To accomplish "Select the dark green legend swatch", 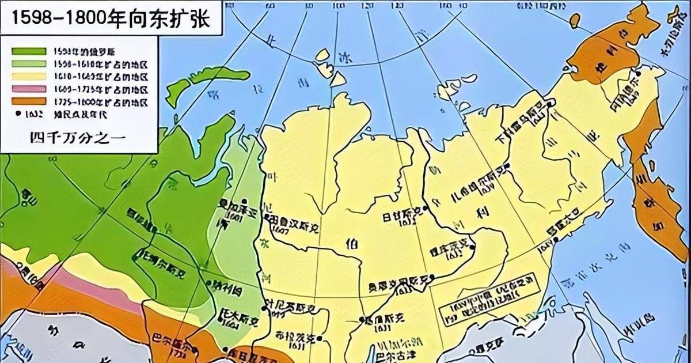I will point(28,50).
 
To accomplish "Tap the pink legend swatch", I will point(28,89).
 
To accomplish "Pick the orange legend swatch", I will point(28,102).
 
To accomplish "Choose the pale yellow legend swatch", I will point(28,76).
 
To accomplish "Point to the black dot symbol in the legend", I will point(19,115).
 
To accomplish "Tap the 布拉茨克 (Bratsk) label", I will point(294,338).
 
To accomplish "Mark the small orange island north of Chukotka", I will point(574,20).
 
